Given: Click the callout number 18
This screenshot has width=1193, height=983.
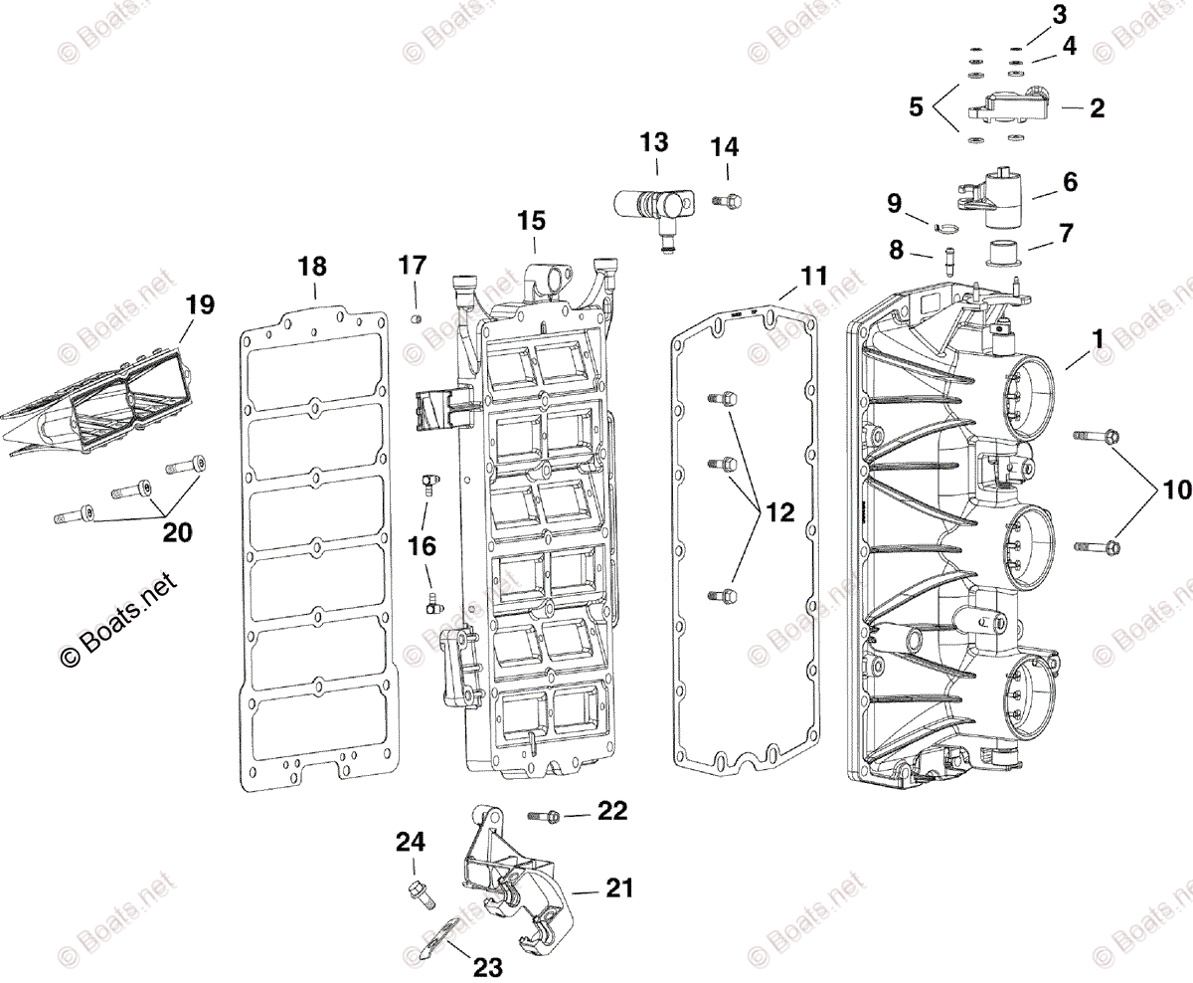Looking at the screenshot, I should click(x=312, y=267).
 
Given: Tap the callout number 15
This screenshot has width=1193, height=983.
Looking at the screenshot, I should click(x=532, y=221).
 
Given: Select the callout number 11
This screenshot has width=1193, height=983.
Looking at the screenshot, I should click(x=814, y=276).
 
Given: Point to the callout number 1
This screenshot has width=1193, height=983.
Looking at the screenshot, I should click(x=1098, y=339).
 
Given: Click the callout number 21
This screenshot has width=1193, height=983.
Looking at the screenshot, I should click(x=619, y=888).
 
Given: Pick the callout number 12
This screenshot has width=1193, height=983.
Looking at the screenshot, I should click(x=780, y=513).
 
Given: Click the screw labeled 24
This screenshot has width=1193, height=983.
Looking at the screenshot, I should click(x=419, y=892).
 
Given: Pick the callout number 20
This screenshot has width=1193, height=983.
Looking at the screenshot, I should click(x=177, y=533).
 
